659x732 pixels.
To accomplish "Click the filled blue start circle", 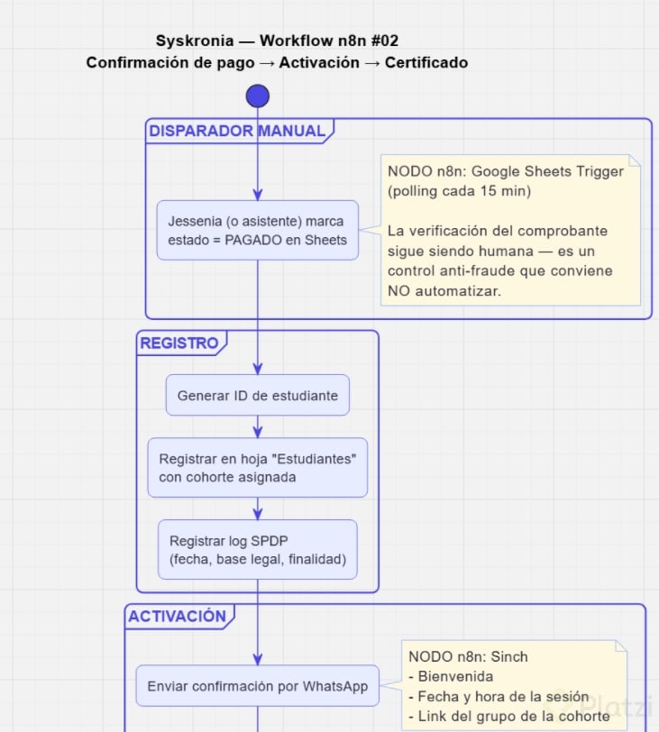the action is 258,96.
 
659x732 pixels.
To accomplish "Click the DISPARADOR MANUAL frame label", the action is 237,131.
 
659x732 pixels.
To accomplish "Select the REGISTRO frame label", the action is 179,343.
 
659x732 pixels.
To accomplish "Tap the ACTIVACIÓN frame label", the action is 178,617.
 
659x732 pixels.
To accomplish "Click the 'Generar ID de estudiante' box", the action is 258,395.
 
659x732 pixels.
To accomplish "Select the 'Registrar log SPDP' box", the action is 258,550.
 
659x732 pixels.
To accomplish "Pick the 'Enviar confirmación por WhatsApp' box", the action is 258,686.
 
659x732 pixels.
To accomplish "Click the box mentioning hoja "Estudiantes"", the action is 258,467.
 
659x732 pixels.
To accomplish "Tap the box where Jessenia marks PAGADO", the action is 258,230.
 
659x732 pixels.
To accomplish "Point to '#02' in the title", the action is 385,41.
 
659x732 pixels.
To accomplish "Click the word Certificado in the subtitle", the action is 426,62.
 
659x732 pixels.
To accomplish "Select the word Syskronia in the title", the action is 195,41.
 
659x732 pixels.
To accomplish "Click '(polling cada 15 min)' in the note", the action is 459,191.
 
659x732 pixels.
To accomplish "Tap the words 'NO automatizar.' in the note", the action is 444,291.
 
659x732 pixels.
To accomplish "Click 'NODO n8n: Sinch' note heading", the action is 468,656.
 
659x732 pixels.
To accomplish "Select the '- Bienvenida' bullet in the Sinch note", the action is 451,676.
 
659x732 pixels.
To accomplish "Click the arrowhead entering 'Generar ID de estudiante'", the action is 258,369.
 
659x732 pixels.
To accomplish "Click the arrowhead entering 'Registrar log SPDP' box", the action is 258,514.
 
